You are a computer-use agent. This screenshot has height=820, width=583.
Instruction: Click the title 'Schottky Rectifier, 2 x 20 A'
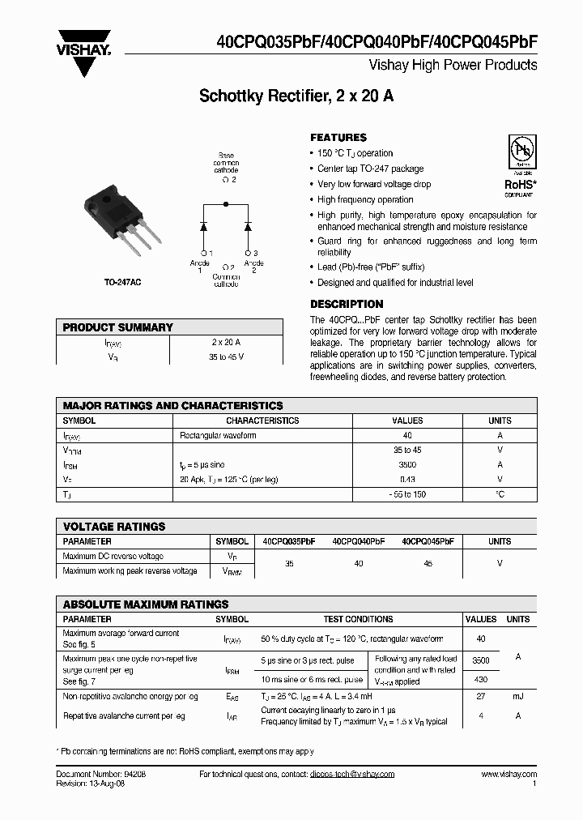pyautogui.click(x=296, y=97)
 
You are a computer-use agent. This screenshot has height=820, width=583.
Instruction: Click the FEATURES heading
pyautogui.click(x=338, y=138)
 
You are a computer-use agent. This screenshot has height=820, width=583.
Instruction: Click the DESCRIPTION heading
pyautogui.click(x=347, y=304)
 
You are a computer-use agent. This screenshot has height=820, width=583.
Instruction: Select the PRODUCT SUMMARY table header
pyautogui.click(x=118, y=327)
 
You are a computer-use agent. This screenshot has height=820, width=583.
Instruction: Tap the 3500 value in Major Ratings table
pyautogui.click(x=407, y=465)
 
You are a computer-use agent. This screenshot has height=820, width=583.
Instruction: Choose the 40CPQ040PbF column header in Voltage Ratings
pyautogui.click(x=358, y=541)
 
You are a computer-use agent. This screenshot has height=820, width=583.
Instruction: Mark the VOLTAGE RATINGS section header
pyautogui.click(x=114, y=527)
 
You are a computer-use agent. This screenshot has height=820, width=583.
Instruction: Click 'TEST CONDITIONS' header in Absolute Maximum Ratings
pyautogui.click(x=358, y=619)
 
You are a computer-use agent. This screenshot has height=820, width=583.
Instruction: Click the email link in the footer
pyautogui.click(x=352, y=775)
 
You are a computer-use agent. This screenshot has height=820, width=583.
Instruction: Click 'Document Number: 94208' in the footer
pyautogui.click(x=101, y=775)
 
